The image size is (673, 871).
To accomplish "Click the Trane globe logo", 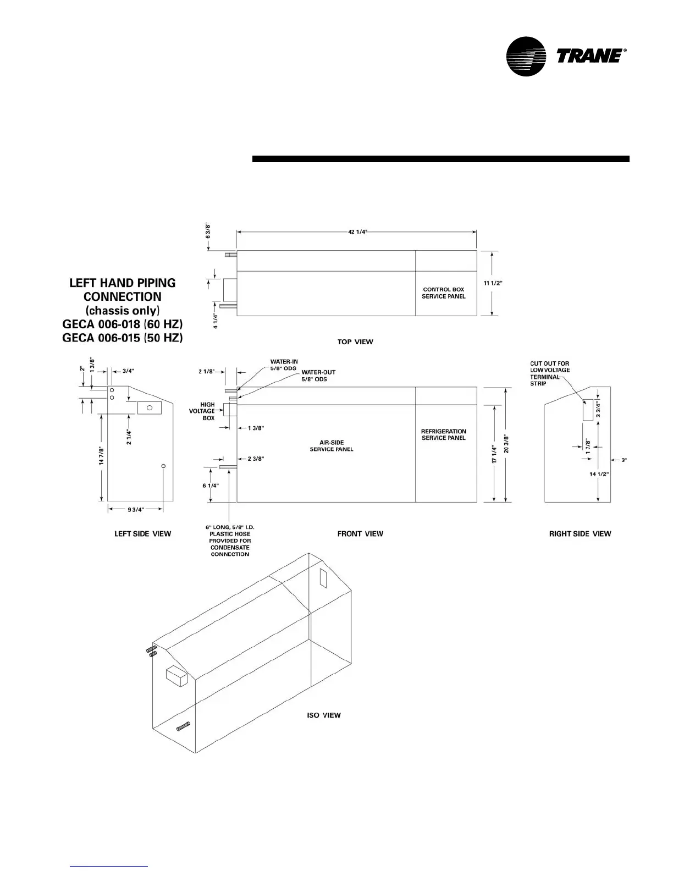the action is click(x=526, y=57).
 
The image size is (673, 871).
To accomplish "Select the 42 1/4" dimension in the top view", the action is click(x=357, y=232).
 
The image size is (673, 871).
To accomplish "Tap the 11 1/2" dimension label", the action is click(x=493, y=283).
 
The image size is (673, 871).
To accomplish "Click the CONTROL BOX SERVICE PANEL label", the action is click(x=443, y=293).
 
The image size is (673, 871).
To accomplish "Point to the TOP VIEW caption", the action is click(x=355, y=342).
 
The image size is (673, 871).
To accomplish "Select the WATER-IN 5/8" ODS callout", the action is click(x=284, y=365).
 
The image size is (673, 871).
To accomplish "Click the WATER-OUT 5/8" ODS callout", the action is click(x=318, y=376).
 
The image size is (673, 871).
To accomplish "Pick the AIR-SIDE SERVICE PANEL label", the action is click(x=332, y=446).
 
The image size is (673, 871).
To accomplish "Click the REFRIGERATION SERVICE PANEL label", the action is click(x=443, y=434).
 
